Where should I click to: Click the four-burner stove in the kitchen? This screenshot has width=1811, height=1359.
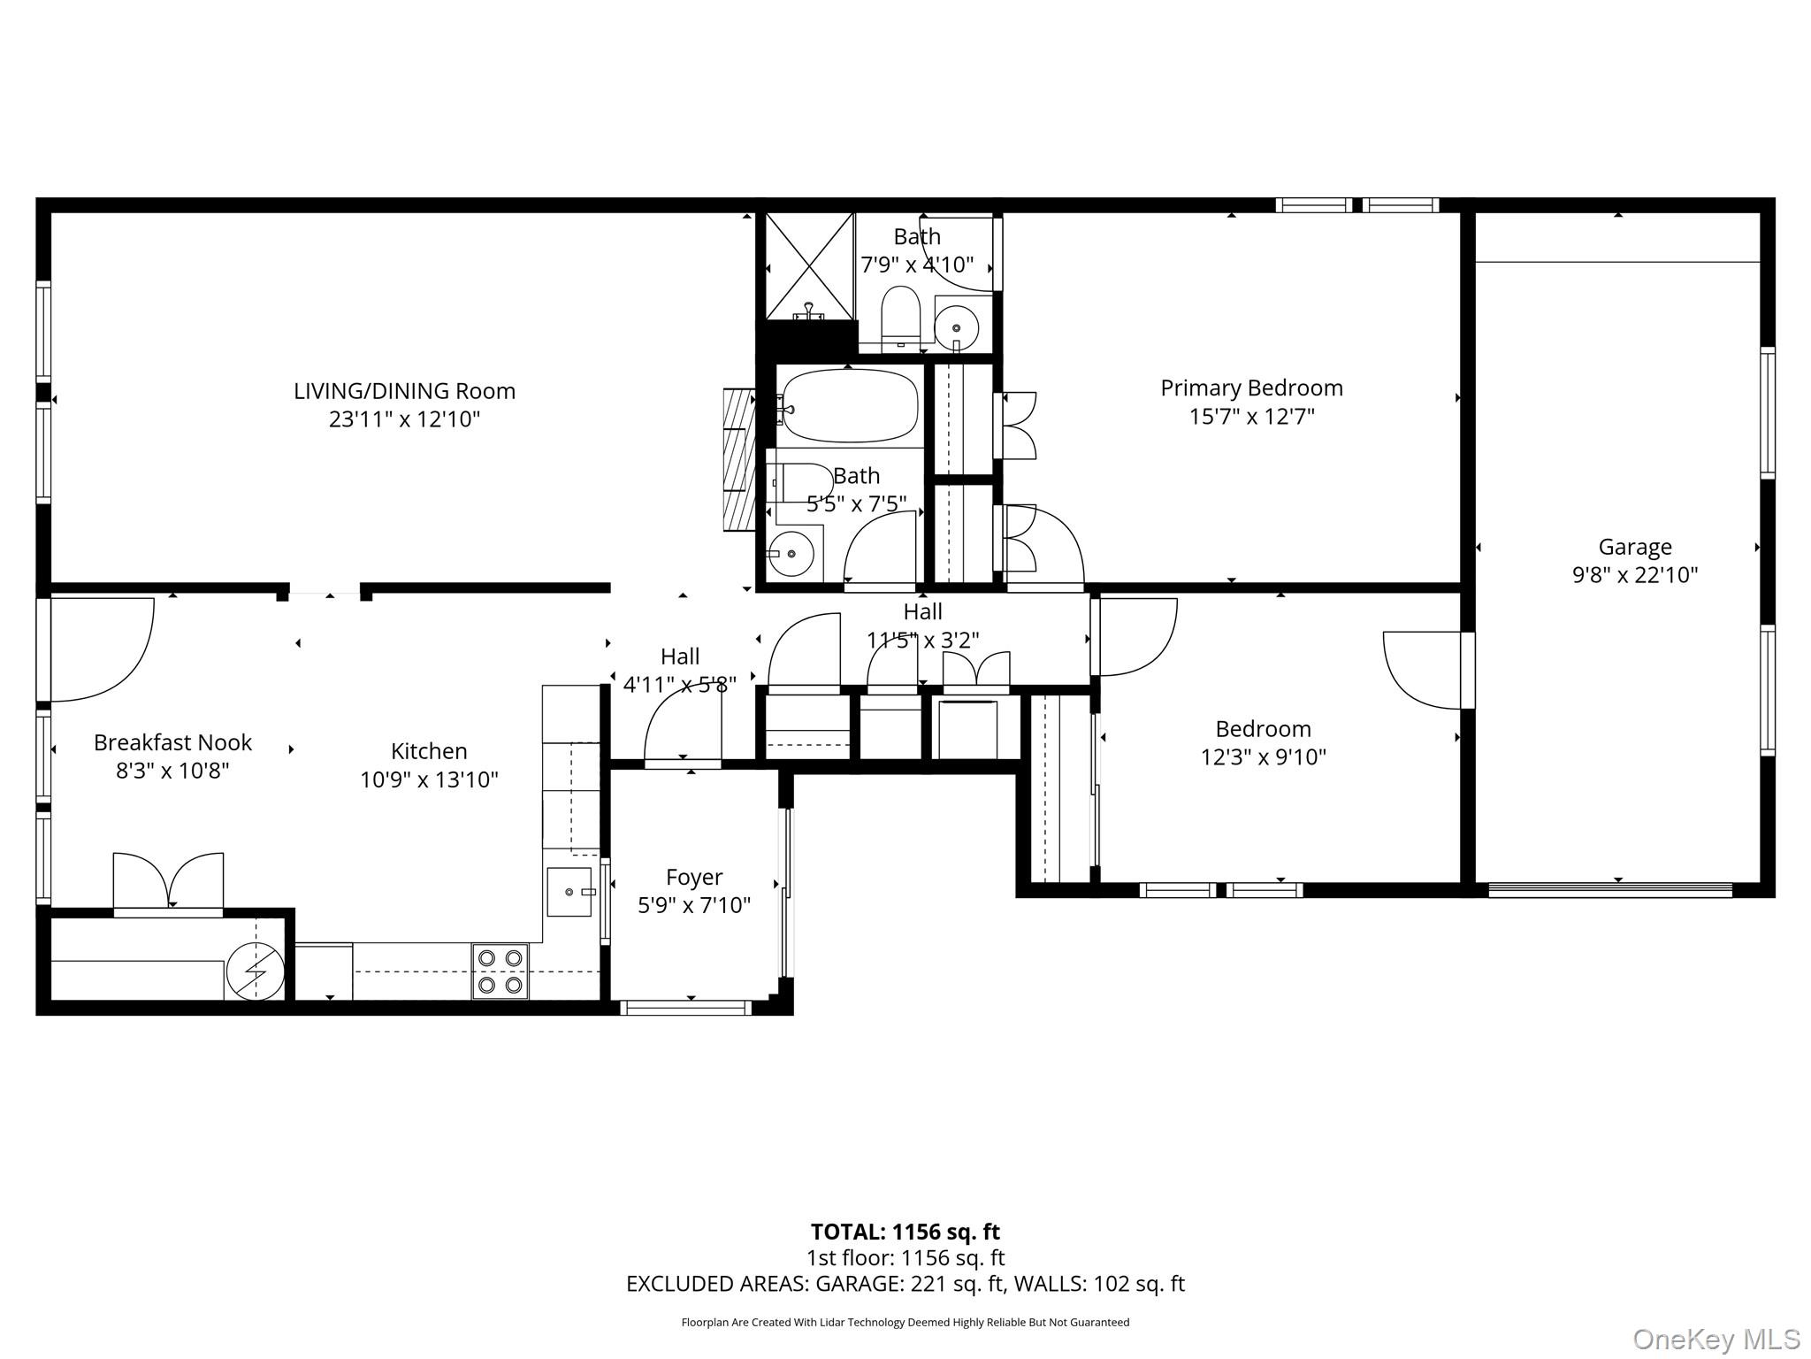coord(500,971)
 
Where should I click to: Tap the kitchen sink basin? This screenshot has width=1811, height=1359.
coord(569,892)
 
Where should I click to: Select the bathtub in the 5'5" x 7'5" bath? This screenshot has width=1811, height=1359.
coord(850,406)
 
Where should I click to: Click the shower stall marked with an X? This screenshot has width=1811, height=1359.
coord(809,266)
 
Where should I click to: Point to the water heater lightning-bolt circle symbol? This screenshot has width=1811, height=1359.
coord(256,971)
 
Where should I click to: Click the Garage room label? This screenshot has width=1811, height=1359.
coord(1635,547)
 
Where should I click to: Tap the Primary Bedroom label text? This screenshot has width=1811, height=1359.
coord(1251,388)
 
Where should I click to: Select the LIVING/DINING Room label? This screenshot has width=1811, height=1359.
coord(404,390)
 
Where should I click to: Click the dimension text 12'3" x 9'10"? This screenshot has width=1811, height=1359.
coord(1263,757)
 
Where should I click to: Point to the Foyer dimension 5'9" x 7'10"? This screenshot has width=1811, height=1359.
coord(694,905)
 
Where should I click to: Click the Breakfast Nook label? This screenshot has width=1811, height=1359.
coord(172,742)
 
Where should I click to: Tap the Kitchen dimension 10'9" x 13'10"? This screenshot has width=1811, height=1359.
coord(429,779)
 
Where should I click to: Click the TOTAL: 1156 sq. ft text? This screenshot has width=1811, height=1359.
coord(905,1232)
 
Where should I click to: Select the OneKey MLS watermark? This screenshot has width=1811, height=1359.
coord(1715,1340)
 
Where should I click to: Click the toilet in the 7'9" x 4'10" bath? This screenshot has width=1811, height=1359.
coord(901,316)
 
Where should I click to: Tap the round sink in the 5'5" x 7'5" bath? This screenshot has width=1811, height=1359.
coord(791,554)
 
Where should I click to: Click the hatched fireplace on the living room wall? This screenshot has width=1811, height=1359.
coord(739,459)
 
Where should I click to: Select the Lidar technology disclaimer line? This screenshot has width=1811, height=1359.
coord(905,1322)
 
